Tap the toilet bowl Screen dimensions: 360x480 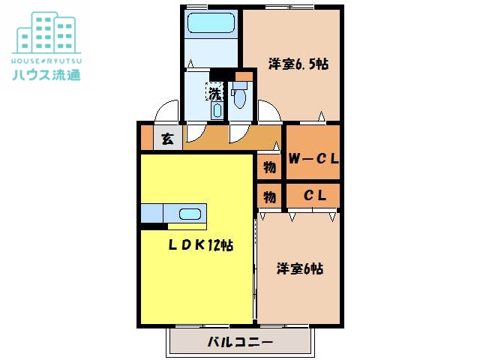click(239, 97)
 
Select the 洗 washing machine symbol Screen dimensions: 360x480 click(215, 93)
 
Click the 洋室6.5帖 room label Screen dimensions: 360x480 click(298, 64)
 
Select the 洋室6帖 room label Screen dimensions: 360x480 click(301, 268)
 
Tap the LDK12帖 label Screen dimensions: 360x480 click(199, 245)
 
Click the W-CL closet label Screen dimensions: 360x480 click(313, 159)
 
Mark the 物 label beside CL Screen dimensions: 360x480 click(269, 196)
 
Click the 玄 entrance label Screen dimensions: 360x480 click(168, 138)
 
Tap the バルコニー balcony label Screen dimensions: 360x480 click(240, 342)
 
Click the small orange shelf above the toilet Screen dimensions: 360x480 click(243, 76)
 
